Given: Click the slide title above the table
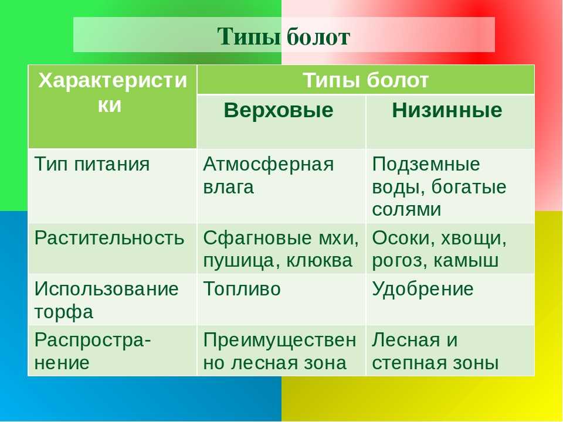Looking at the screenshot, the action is (x=283, y=36).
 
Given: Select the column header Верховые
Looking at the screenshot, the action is (x=278, y=110).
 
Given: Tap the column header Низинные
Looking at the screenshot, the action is (x=447, y=110).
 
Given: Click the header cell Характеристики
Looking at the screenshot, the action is (x=113, y=92).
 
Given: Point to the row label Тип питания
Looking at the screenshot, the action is (x=92, y=165).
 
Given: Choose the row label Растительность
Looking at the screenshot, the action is (x=110, y=238).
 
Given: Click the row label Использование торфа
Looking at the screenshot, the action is (x=107, y=300).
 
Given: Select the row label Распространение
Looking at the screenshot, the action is (x=93, y=351).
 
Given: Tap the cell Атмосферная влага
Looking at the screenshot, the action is (x=269, y=176).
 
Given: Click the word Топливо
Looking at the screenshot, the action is (x=242, y=289).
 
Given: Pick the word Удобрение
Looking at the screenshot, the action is (x=423, y=289).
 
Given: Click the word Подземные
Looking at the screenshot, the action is (x=426, y=165).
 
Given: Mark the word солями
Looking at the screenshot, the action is (x=406, y=210).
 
